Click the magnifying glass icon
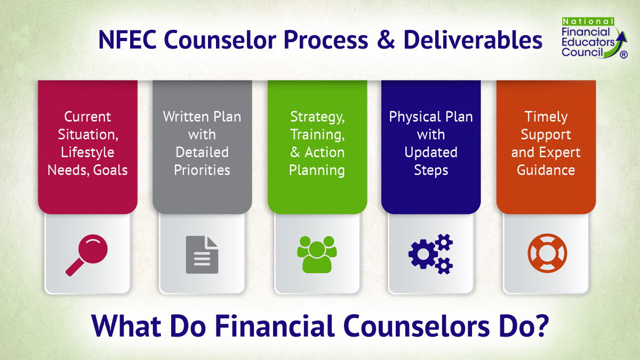coord(87,254)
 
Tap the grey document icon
coord(202,254)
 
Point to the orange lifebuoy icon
coord(547,253)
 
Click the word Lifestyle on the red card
coord(87,152)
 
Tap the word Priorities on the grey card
coord(202,170)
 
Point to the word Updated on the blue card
coord(431,152)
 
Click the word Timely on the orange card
coord(546,116)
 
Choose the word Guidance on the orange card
coord(546,170)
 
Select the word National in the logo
coord(588,21)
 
